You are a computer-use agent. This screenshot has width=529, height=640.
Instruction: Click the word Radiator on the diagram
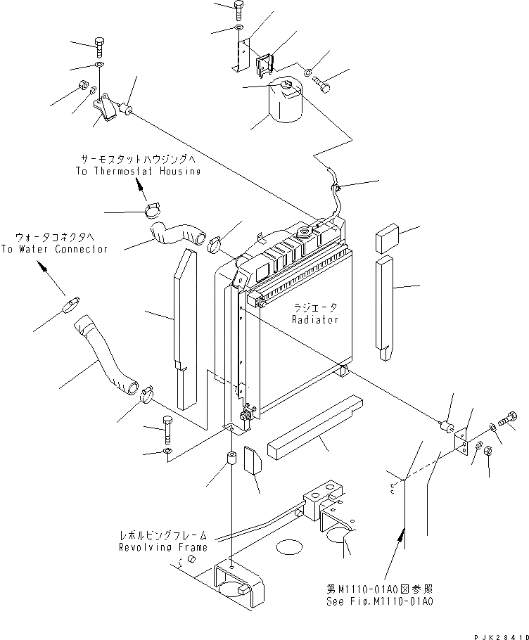click(x=315, y=319)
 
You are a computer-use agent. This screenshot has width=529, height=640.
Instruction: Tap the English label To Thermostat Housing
click(x=138, y=172)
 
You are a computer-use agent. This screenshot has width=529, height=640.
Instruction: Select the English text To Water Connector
click(x=54, y=250)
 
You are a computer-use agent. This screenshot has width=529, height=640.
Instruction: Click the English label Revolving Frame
click(x=163, y=547)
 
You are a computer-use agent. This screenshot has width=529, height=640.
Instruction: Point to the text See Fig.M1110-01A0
click(x=380, y=601)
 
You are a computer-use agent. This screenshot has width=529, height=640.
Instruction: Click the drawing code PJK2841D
click(x=501, y=636)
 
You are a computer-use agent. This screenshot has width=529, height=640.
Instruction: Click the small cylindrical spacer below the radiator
click(x=232, y=461)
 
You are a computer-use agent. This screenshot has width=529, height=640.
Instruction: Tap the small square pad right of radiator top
click(x=386, y=238)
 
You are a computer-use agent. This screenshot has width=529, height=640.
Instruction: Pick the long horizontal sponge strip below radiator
click(x=316, y=425)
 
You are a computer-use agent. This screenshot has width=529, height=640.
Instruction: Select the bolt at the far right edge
click(x=508, y=420)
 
